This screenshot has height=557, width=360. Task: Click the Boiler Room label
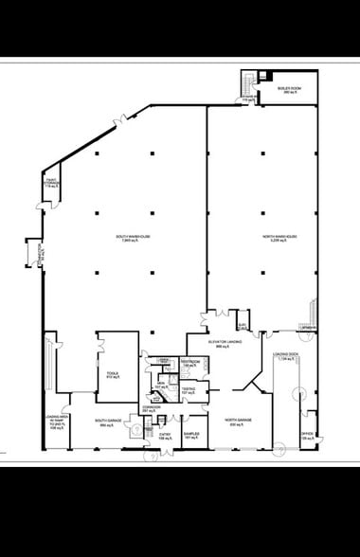coord(288,91)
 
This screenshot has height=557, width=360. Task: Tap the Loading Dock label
coord(285,358)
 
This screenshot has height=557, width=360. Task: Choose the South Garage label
coord(107,423)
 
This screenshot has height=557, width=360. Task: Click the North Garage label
coord(238,422)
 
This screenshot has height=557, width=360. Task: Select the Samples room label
coord(190,436)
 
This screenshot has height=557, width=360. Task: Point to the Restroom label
coord(189,364)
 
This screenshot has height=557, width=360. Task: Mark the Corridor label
coord(152,409)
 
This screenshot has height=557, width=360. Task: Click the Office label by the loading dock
coord(308,437)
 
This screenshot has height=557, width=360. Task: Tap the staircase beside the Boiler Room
coord(249,86)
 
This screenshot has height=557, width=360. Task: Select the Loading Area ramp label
coord(55,422)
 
